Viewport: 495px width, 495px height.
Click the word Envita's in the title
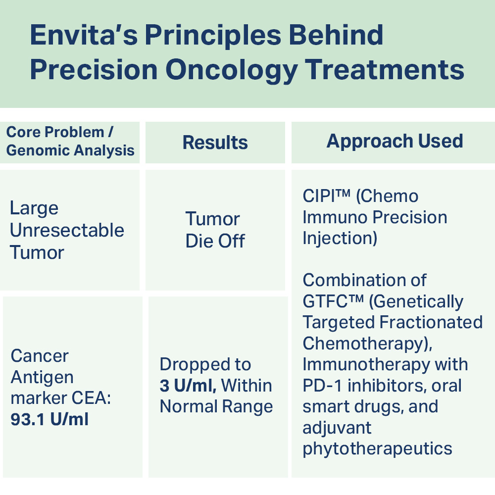point(84,35)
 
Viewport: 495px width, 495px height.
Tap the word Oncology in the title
point(231,70)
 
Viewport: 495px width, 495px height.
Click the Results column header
point(215,143)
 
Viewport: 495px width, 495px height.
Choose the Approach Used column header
point(395,141)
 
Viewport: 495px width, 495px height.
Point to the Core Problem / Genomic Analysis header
point(70,141)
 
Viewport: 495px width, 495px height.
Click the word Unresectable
point(67,230)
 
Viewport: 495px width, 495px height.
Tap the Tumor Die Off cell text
point(215,230)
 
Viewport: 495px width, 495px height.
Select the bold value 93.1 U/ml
point(49,419)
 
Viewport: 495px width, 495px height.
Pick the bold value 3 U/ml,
point(188,386)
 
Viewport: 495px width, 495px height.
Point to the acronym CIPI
point(318,196)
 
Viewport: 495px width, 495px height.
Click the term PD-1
point(322,386)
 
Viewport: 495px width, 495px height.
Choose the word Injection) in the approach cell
point(340,239)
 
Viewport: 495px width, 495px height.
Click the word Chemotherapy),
point(367,344)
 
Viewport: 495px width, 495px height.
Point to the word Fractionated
point(431,322)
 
